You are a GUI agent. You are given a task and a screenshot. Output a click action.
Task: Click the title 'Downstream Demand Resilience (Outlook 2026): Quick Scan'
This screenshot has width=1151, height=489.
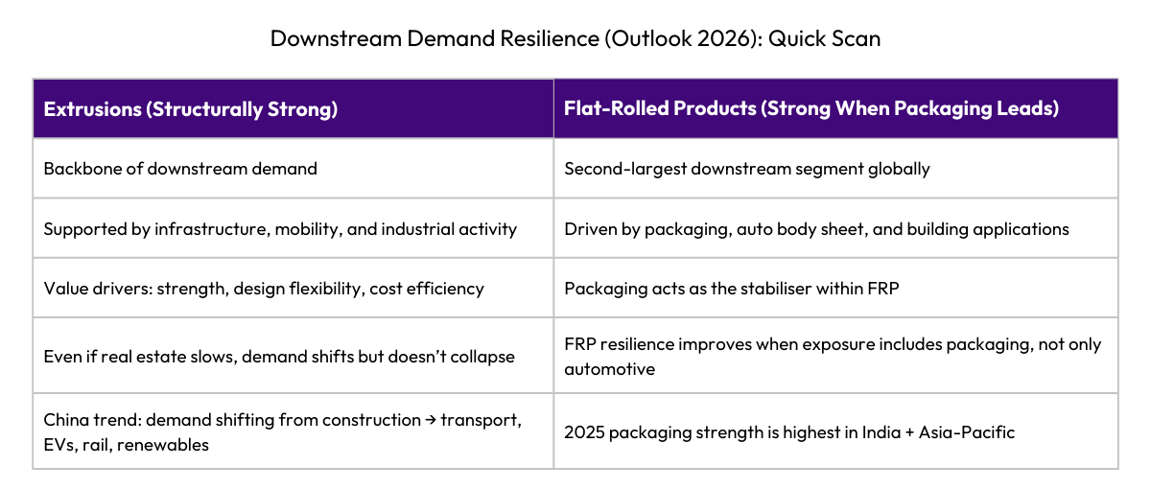point(575,38)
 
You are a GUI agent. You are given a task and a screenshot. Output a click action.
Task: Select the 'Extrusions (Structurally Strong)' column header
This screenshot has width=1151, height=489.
point(191,108)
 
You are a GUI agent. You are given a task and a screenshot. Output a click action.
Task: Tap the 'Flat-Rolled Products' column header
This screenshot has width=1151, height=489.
point(810,108)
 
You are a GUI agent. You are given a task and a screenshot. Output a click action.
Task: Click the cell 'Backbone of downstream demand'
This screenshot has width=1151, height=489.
point(180,169)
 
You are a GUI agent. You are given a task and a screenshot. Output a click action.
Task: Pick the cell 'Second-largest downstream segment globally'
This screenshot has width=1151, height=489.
point(747,169)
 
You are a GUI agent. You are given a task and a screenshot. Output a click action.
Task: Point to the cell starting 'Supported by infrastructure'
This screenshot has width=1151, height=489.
point(280,228)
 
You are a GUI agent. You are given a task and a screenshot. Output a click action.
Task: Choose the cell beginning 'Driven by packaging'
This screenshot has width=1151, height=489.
point(816,228)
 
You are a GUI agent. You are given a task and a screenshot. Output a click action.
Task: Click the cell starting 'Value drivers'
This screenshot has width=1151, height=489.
point(264,288)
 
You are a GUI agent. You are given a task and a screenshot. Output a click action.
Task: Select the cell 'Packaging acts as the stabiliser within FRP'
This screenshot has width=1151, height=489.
point(732,288)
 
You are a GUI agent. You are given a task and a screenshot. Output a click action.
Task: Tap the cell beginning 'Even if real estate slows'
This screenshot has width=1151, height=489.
point(279,357)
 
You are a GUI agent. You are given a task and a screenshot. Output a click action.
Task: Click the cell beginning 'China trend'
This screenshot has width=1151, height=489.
point(282,431)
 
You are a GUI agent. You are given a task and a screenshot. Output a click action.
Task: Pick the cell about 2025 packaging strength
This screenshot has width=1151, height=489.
point(789,431)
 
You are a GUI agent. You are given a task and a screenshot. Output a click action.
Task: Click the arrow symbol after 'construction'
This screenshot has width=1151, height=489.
point(431,420)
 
